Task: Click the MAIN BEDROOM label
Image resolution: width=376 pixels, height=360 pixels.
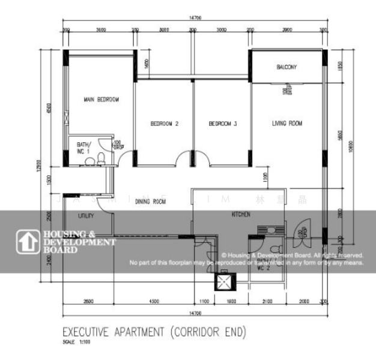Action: [100, 99]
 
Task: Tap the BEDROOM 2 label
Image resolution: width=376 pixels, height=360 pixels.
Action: [165, 124]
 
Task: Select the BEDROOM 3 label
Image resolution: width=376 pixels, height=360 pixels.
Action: [223, 124]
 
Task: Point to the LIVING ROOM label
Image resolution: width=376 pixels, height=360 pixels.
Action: [287, 124]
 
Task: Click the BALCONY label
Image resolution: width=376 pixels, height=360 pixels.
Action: [287, 67]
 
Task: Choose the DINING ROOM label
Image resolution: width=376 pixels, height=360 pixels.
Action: [150, 202]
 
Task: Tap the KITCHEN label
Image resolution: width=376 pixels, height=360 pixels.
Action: [240, 214]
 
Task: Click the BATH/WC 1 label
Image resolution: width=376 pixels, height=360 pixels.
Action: [83, 148]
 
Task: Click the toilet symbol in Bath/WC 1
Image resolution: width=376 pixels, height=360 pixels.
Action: [102, 158]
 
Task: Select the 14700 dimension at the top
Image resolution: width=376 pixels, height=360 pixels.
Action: [193, 19]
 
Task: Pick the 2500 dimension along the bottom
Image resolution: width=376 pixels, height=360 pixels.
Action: [88, 301]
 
